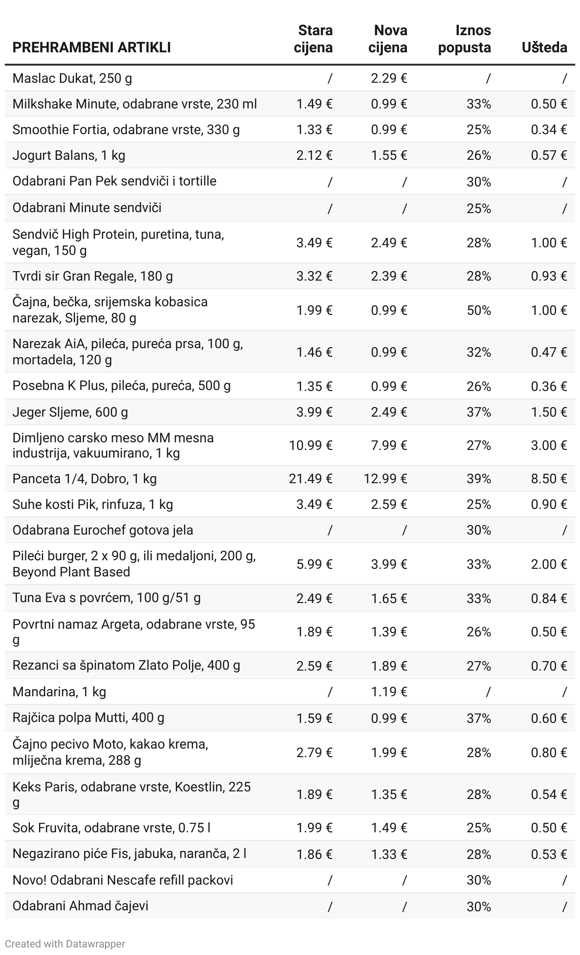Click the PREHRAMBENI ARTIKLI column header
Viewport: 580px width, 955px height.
pos(91,48)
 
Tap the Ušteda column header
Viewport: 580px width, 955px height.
pos(544,48)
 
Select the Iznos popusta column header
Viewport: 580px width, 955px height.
pos(464,39)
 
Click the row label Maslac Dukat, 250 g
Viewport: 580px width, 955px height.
pos(72,78)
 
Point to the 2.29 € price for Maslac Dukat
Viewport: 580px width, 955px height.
pos(389,78)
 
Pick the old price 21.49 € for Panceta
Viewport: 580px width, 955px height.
pos(310,478)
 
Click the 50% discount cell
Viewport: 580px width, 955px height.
pos(479,310)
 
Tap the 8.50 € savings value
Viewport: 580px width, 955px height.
pos(549,478)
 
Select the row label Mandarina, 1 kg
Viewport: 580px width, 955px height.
pos(59,692)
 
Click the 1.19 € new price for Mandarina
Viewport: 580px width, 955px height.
pos(389,692)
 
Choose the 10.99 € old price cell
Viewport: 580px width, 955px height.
pos(310,445)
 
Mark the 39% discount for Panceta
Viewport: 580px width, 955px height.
pos(479,478)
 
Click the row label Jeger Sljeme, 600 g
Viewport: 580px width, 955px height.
pos(70,412)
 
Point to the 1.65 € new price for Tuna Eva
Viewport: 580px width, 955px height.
pos(389,598)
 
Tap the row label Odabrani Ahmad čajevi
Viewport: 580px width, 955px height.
pos(80,906)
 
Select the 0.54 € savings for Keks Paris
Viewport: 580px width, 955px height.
pos(549,794)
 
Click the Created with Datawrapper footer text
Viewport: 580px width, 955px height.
pos(65,944)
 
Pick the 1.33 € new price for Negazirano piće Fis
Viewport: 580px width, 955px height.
pos(389,854)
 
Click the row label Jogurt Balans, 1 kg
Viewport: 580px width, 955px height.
pos(69,155)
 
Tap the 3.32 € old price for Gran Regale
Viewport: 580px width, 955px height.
pos(314,276)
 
